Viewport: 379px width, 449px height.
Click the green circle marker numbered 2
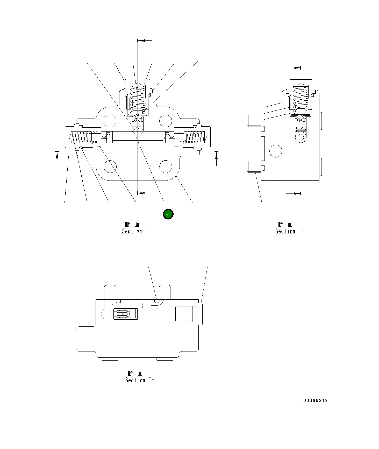point(168,214)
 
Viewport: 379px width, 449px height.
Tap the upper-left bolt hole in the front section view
point(110,121)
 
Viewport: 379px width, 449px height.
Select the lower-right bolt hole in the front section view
point(166,167)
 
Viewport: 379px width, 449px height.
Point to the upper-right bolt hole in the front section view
point(166,121)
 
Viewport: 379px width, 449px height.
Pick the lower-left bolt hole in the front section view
point(110,167)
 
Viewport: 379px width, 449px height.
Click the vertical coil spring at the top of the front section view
point(138,97)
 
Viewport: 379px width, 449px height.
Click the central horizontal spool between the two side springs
point(138,137)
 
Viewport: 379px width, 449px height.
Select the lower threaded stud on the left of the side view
point(253,167)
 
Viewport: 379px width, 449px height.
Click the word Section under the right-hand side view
point(285,231)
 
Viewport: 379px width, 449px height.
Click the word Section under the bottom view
point(135,380)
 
